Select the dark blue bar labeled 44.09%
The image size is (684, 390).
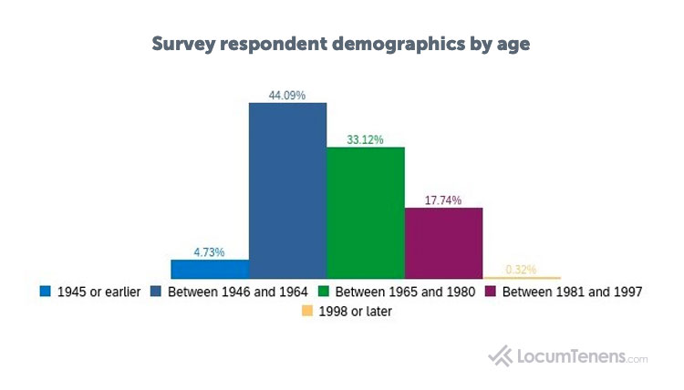click(x=288, y=190)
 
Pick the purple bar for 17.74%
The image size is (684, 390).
click(x=443, y=242)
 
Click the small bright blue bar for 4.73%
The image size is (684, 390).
click(x=210, y=269)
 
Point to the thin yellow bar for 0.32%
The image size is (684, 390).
click(x=522, y=277)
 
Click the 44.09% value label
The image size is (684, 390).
click(x=288, y=94)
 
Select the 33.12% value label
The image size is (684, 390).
click(x=366, y=139)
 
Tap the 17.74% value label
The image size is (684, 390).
click(x=443, y=200)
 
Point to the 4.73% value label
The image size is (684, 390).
click(x=209, y=251)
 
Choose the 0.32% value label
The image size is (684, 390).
click(x=522, y=269)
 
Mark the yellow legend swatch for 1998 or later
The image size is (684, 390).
click(x=306, y=312)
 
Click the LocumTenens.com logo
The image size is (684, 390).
click(x=568, y=355)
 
